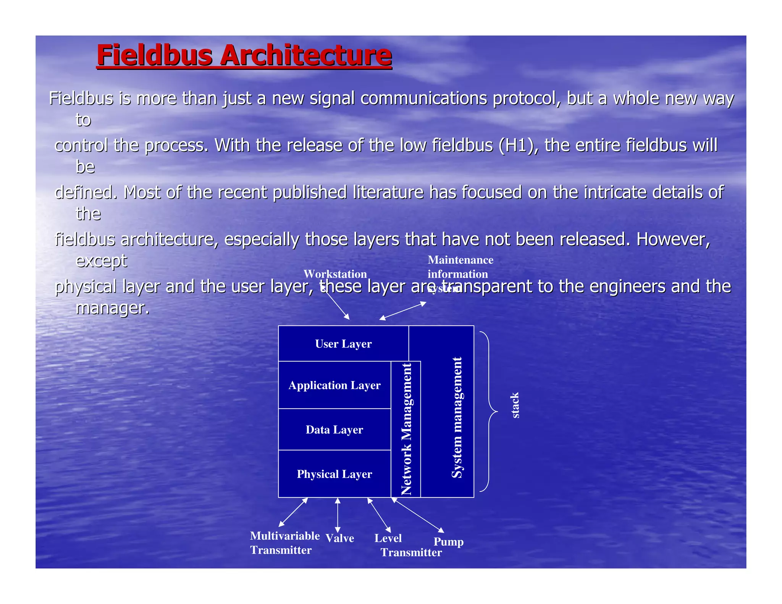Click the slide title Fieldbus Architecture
point(244,55)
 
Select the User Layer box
point(343,344)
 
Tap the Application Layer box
point(334,385)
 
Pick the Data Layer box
point(334,430)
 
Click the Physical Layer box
point(334,474)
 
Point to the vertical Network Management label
point(406,429)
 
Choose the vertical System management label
point(457,417)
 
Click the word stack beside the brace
point(515,405)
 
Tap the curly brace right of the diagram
point(489,412)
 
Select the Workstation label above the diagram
point(335,274)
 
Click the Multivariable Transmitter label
point(284,543)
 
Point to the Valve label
point(339,538)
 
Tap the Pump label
point(449,541)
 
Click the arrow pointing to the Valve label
point(338,515)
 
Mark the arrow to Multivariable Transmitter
point(293,512)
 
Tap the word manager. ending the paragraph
point(112,308)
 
